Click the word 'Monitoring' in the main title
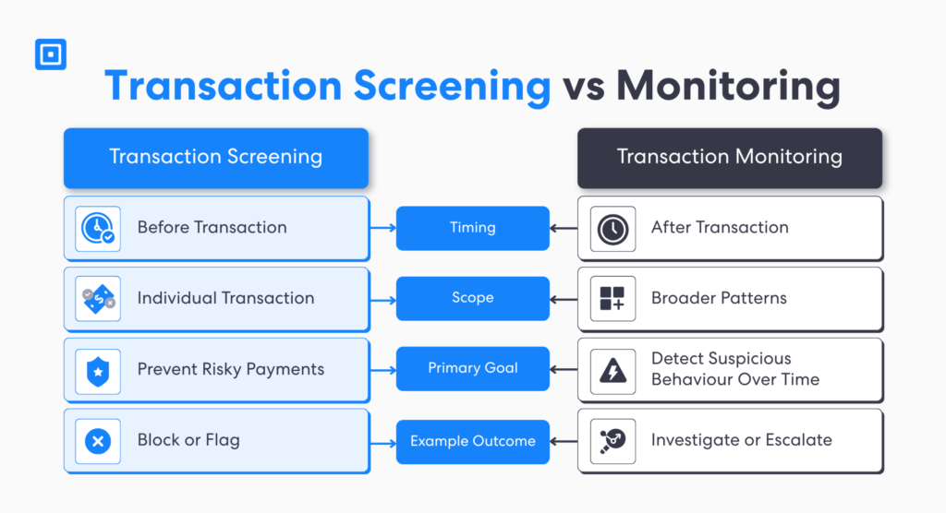pyautogui.click(x=728, y=87)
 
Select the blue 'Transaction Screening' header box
pyautogui.click(x=215, y=157)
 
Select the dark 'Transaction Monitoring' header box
pyautogui.click(x=729, y=157)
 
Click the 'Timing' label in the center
pyautogui.click(x=472, y=228)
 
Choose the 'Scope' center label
pyautogui.click(x=472, y=298)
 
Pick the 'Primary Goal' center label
pyautogui.click(x=472, y=368)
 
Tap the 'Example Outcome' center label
pyautogui.click(x=472, y=441)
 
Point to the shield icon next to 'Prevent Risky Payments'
pyautogui.click(x=97, y=370)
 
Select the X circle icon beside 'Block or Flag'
pyautogui.click(x=97, y=441)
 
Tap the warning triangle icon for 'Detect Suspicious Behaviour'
pyautogui.click(x=612, y=370)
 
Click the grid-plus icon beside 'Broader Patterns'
pyautogui.click(x=612, y=299)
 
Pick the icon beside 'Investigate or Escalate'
pyautogui.click(x=612, y=441)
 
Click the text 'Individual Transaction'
pyautogui.click(x=225, y=298)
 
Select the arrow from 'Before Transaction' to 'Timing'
pyautogui.click(x=382, y=228)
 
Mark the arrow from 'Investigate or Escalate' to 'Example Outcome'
pyautogui.click(x=564, y=441)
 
